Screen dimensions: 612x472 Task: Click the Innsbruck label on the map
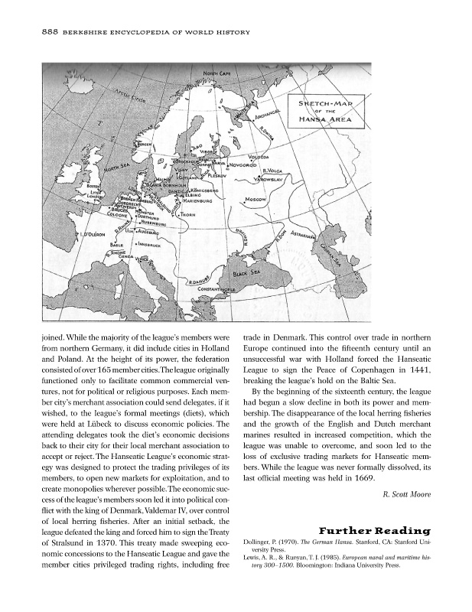pos(143,245)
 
